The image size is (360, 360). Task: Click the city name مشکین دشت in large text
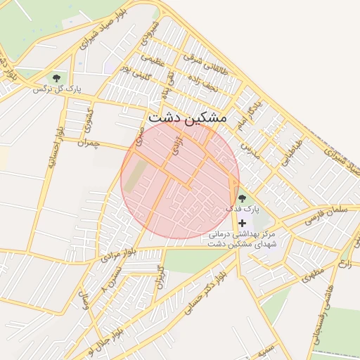187,117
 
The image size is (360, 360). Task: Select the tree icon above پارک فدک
243,199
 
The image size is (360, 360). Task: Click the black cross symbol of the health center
243,222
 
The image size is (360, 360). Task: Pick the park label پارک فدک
243,210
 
